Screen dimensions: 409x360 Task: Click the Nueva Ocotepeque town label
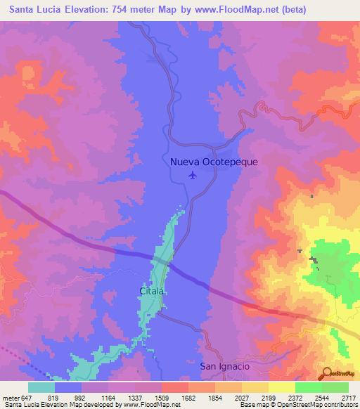214,162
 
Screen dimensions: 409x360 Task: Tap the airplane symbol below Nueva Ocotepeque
193,175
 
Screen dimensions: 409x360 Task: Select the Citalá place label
151,290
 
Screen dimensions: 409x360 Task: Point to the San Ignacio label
224,366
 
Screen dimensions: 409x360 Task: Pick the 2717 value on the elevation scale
349,397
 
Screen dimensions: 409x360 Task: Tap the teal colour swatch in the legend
41,387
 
